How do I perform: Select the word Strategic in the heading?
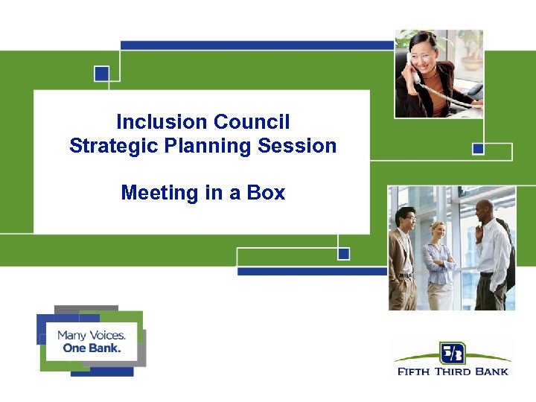(109, 146)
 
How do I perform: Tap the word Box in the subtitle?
(266, 193)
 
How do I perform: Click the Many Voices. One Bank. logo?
(91, 341)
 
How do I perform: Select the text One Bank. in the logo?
(92, 348)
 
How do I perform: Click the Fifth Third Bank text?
(453, 370)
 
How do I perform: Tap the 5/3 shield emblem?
(452, 352)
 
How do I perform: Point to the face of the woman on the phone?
(426, 55)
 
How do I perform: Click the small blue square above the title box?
(102, 74)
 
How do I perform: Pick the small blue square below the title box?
(343, 254)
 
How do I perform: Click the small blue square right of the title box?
(478, 149)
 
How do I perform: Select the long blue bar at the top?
(257, 45)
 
